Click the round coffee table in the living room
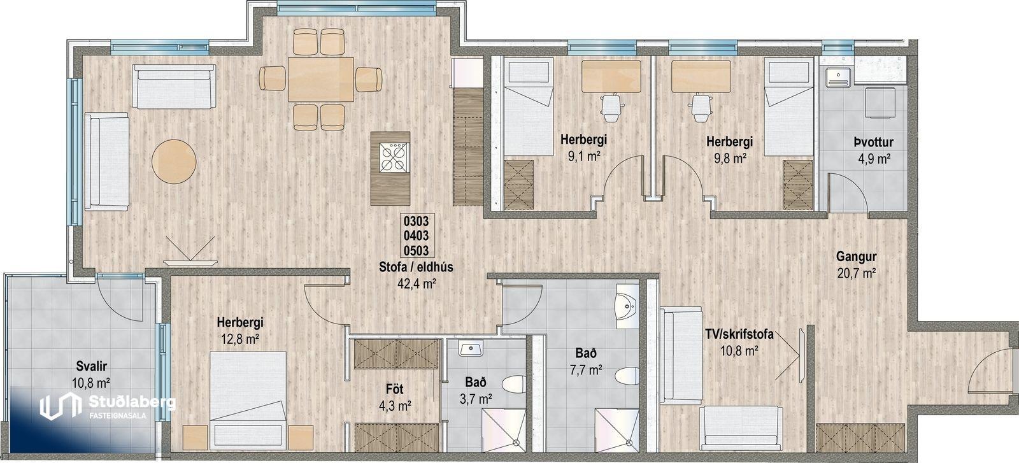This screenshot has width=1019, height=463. tap(175, 162)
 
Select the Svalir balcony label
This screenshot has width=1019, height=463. tap(92, 366)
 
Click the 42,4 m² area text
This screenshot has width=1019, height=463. tap(417, 284)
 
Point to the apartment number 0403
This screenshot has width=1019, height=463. tap(417, 236)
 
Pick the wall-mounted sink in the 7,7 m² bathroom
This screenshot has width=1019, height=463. tap(628, 307)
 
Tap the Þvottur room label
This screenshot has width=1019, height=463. tap(873, 143)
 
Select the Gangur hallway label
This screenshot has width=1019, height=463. tap(856, 257)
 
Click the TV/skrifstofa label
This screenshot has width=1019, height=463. tap(739, 335)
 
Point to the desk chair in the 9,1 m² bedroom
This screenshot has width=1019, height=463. tap(611, 108)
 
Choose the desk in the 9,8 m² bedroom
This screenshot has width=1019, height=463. tap(701, 76)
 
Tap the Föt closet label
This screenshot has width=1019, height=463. tap(395, 390)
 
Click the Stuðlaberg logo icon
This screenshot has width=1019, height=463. tap(58, 406)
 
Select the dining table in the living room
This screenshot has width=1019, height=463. tap(321, 80)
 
